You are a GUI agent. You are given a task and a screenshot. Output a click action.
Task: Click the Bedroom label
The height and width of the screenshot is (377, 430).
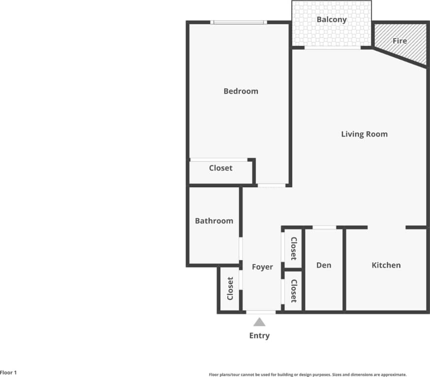point(241,91)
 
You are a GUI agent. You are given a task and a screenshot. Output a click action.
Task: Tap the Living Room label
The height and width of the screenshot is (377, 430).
point(364,134)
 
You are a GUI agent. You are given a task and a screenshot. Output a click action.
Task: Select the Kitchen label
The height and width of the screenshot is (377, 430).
point(386,265)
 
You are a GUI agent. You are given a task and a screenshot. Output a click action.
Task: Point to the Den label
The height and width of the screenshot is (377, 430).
point(323,265)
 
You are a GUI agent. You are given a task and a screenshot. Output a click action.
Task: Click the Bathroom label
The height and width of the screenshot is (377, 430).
point(214,221)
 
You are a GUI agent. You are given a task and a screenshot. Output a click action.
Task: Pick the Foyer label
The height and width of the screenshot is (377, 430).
point(262,267)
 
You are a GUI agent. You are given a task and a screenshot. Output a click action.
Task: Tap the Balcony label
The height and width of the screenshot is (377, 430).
point(332,20)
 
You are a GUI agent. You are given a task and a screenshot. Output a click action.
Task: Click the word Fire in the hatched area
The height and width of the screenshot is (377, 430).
point(399,41)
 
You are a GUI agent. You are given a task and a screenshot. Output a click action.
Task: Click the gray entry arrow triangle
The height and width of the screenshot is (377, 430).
point(259,322)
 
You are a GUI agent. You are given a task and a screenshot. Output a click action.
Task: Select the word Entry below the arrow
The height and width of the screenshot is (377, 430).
point(259,336)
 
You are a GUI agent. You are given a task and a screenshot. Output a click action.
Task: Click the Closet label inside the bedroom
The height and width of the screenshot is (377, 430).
point(220,168)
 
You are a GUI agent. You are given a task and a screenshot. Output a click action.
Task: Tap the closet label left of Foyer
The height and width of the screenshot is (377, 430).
point(230,289)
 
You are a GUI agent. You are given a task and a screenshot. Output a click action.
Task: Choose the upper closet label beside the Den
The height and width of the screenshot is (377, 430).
point(293,249)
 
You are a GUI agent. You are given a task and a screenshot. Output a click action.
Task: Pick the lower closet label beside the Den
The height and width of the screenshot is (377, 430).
point(293,291)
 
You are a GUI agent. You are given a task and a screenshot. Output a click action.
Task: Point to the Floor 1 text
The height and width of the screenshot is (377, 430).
point(8,373)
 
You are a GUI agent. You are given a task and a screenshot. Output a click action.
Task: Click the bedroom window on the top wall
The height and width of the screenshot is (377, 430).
point(239,22)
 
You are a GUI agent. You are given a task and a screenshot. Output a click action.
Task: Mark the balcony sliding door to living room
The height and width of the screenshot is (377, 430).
point(333,47)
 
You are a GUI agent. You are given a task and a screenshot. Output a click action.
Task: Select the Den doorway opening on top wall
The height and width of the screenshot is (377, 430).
point(325,227)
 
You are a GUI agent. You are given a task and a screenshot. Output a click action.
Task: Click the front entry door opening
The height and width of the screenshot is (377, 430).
point(261,312)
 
